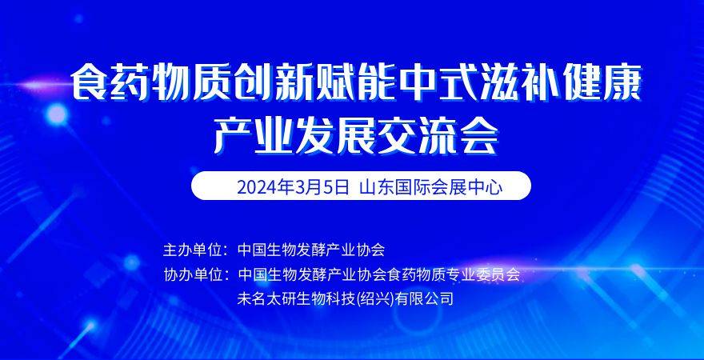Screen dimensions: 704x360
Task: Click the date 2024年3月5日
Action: [x=293, y=187]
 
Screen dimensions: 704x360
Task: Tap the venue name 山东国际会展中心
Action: [x=431, y=187]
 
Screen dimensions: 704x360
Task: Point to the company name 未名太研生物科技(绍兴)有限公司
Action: [x=346, y=298]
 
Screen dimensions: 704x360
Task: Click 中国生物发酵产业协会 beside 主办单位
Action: [x=311, y=250]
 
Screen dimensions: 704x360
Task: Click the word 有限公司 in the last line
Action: [x=424, y=298]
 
